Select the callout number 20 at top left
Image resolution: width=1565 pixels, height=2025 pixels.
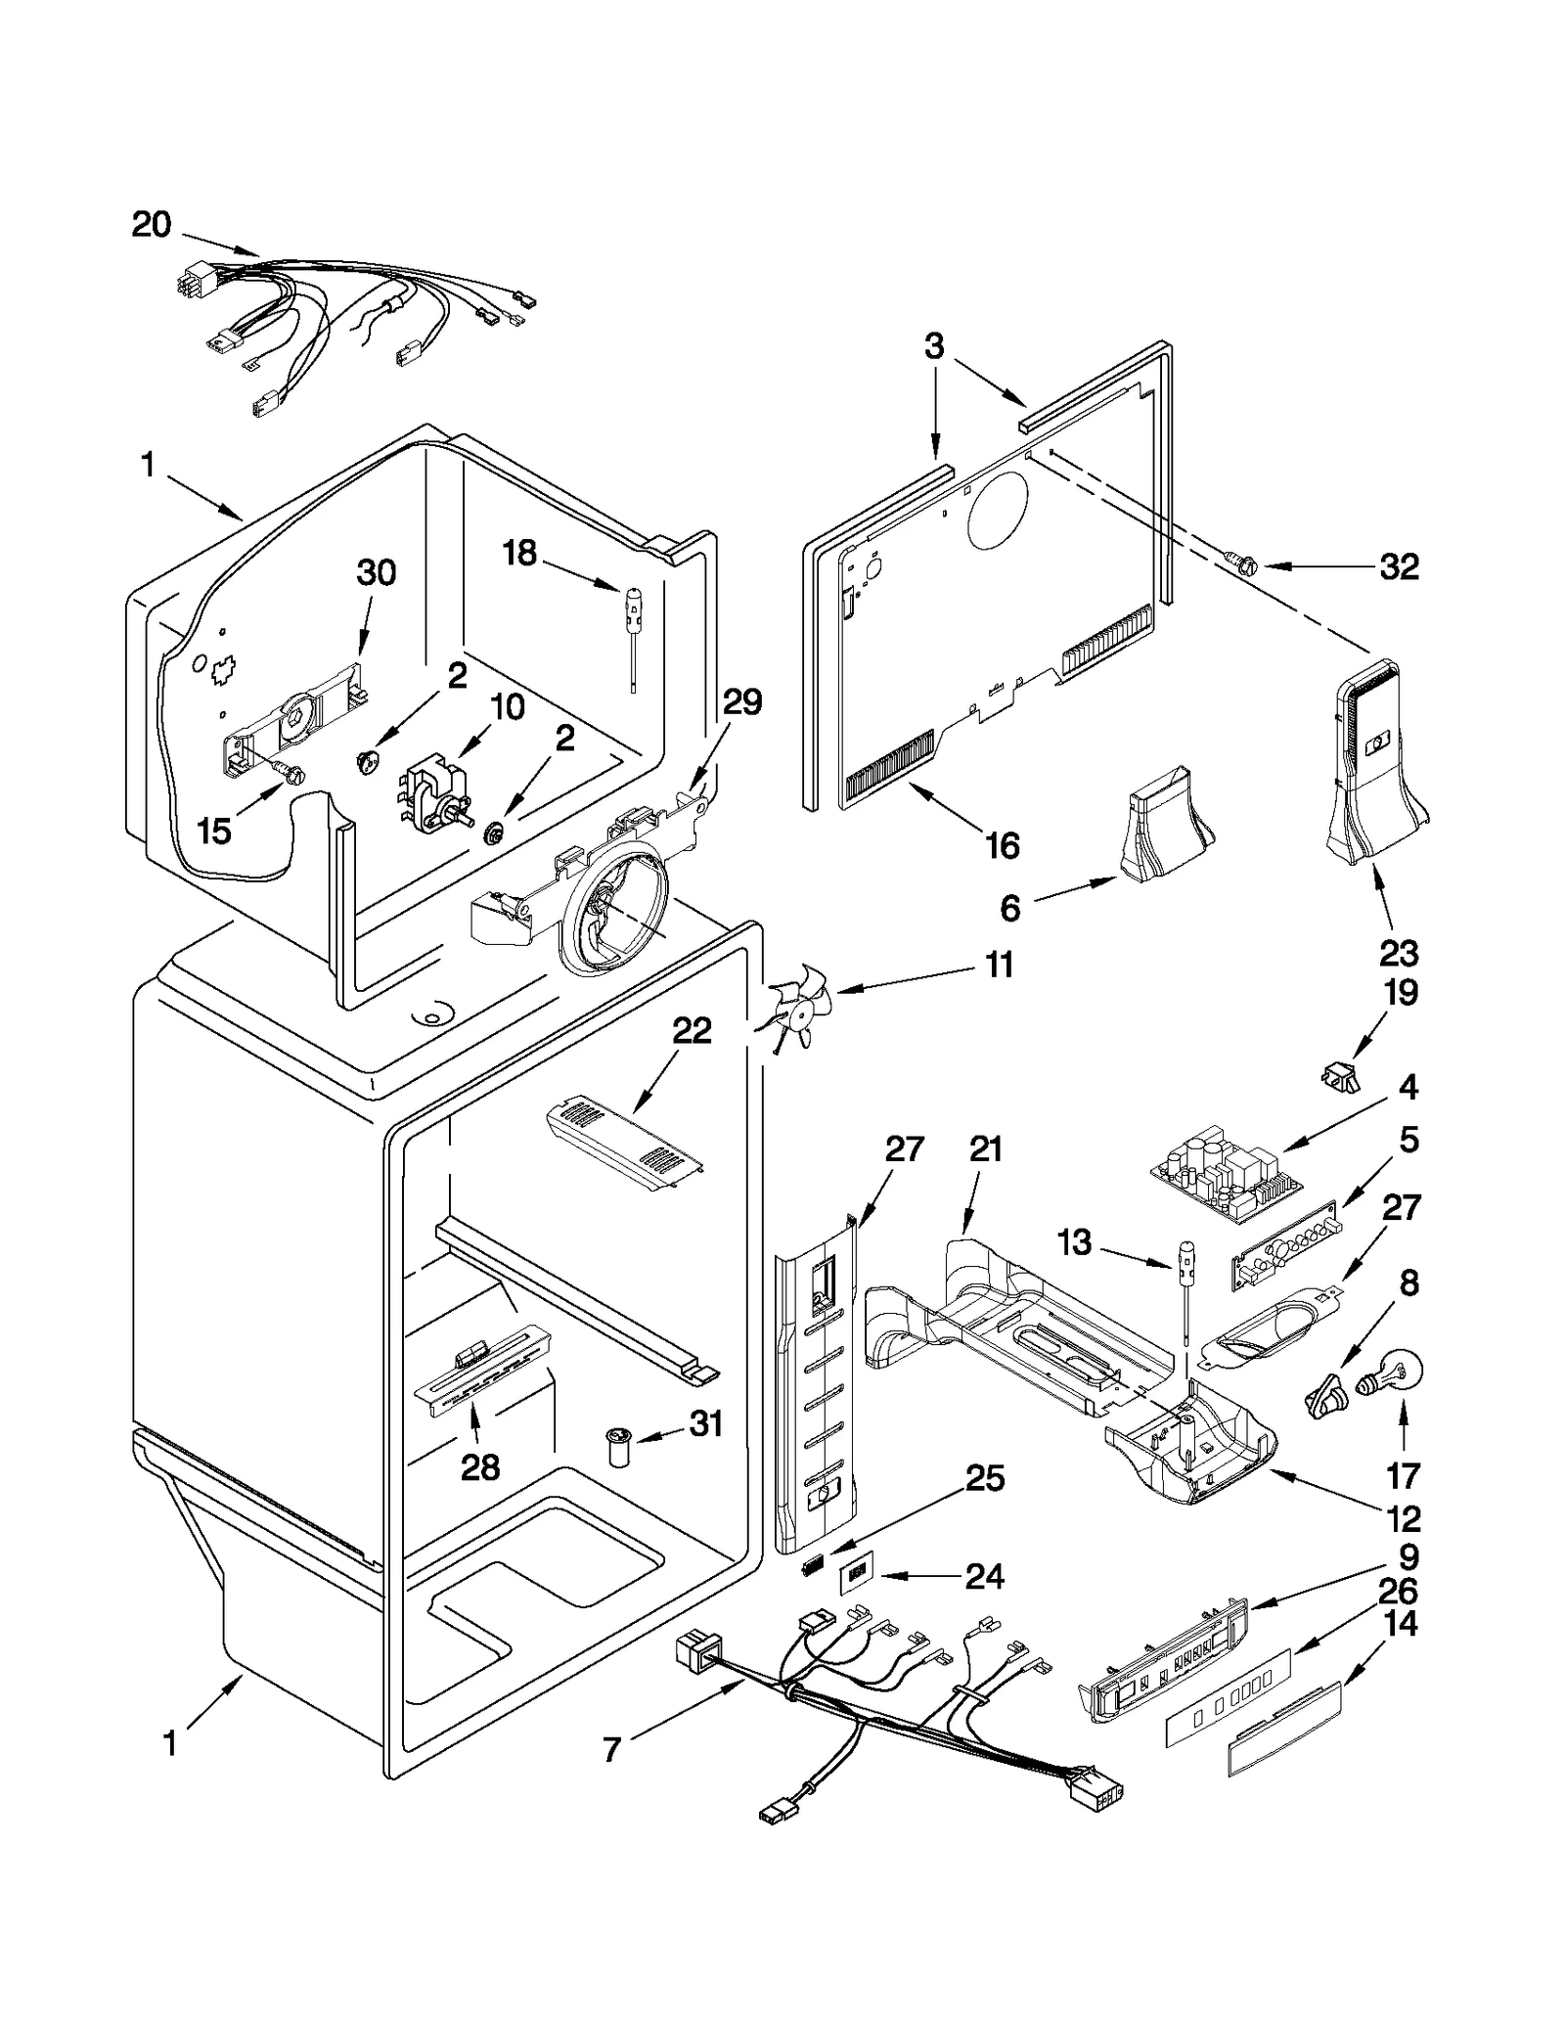click(x=152, y=226)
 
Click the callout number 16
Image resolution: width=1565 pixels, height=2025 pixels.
click(x=1003, y=844)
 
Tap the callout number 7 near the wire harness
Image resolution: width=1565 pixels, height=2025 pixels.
click(x=612, y=1748)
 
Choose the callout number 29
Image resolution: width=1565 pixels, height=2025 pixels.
click(x=742, y=702)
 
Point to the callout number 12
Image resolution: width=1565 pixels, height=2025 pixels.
click(x=1404, y=1518)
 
